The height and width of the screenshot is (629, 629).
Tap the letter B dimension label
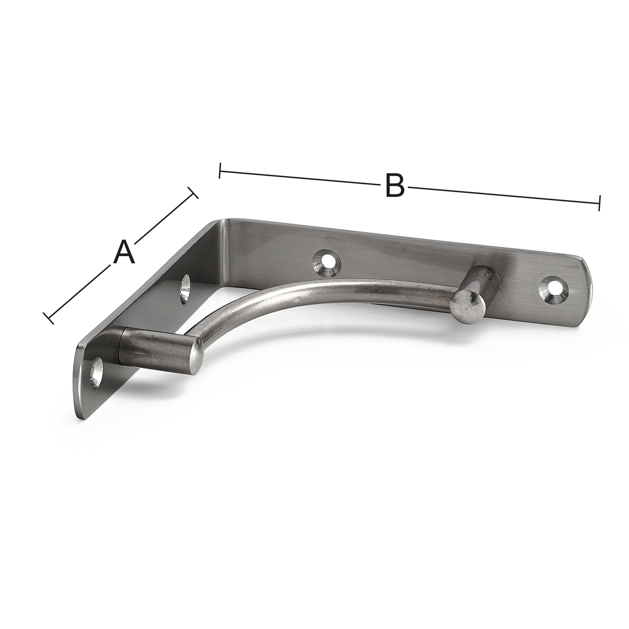(394, 186)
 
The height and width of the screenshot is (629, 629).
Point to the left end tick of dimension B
(220, 171)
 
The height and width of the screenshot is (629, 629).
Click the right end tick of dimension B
(599, 203)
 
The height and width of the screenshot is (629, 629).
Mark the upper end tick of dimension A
(193, 193)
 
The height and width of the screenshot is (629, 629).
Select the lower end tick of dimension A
(49, 318)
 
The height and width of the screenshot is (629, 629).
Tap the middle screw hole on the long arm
(326, 263)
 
